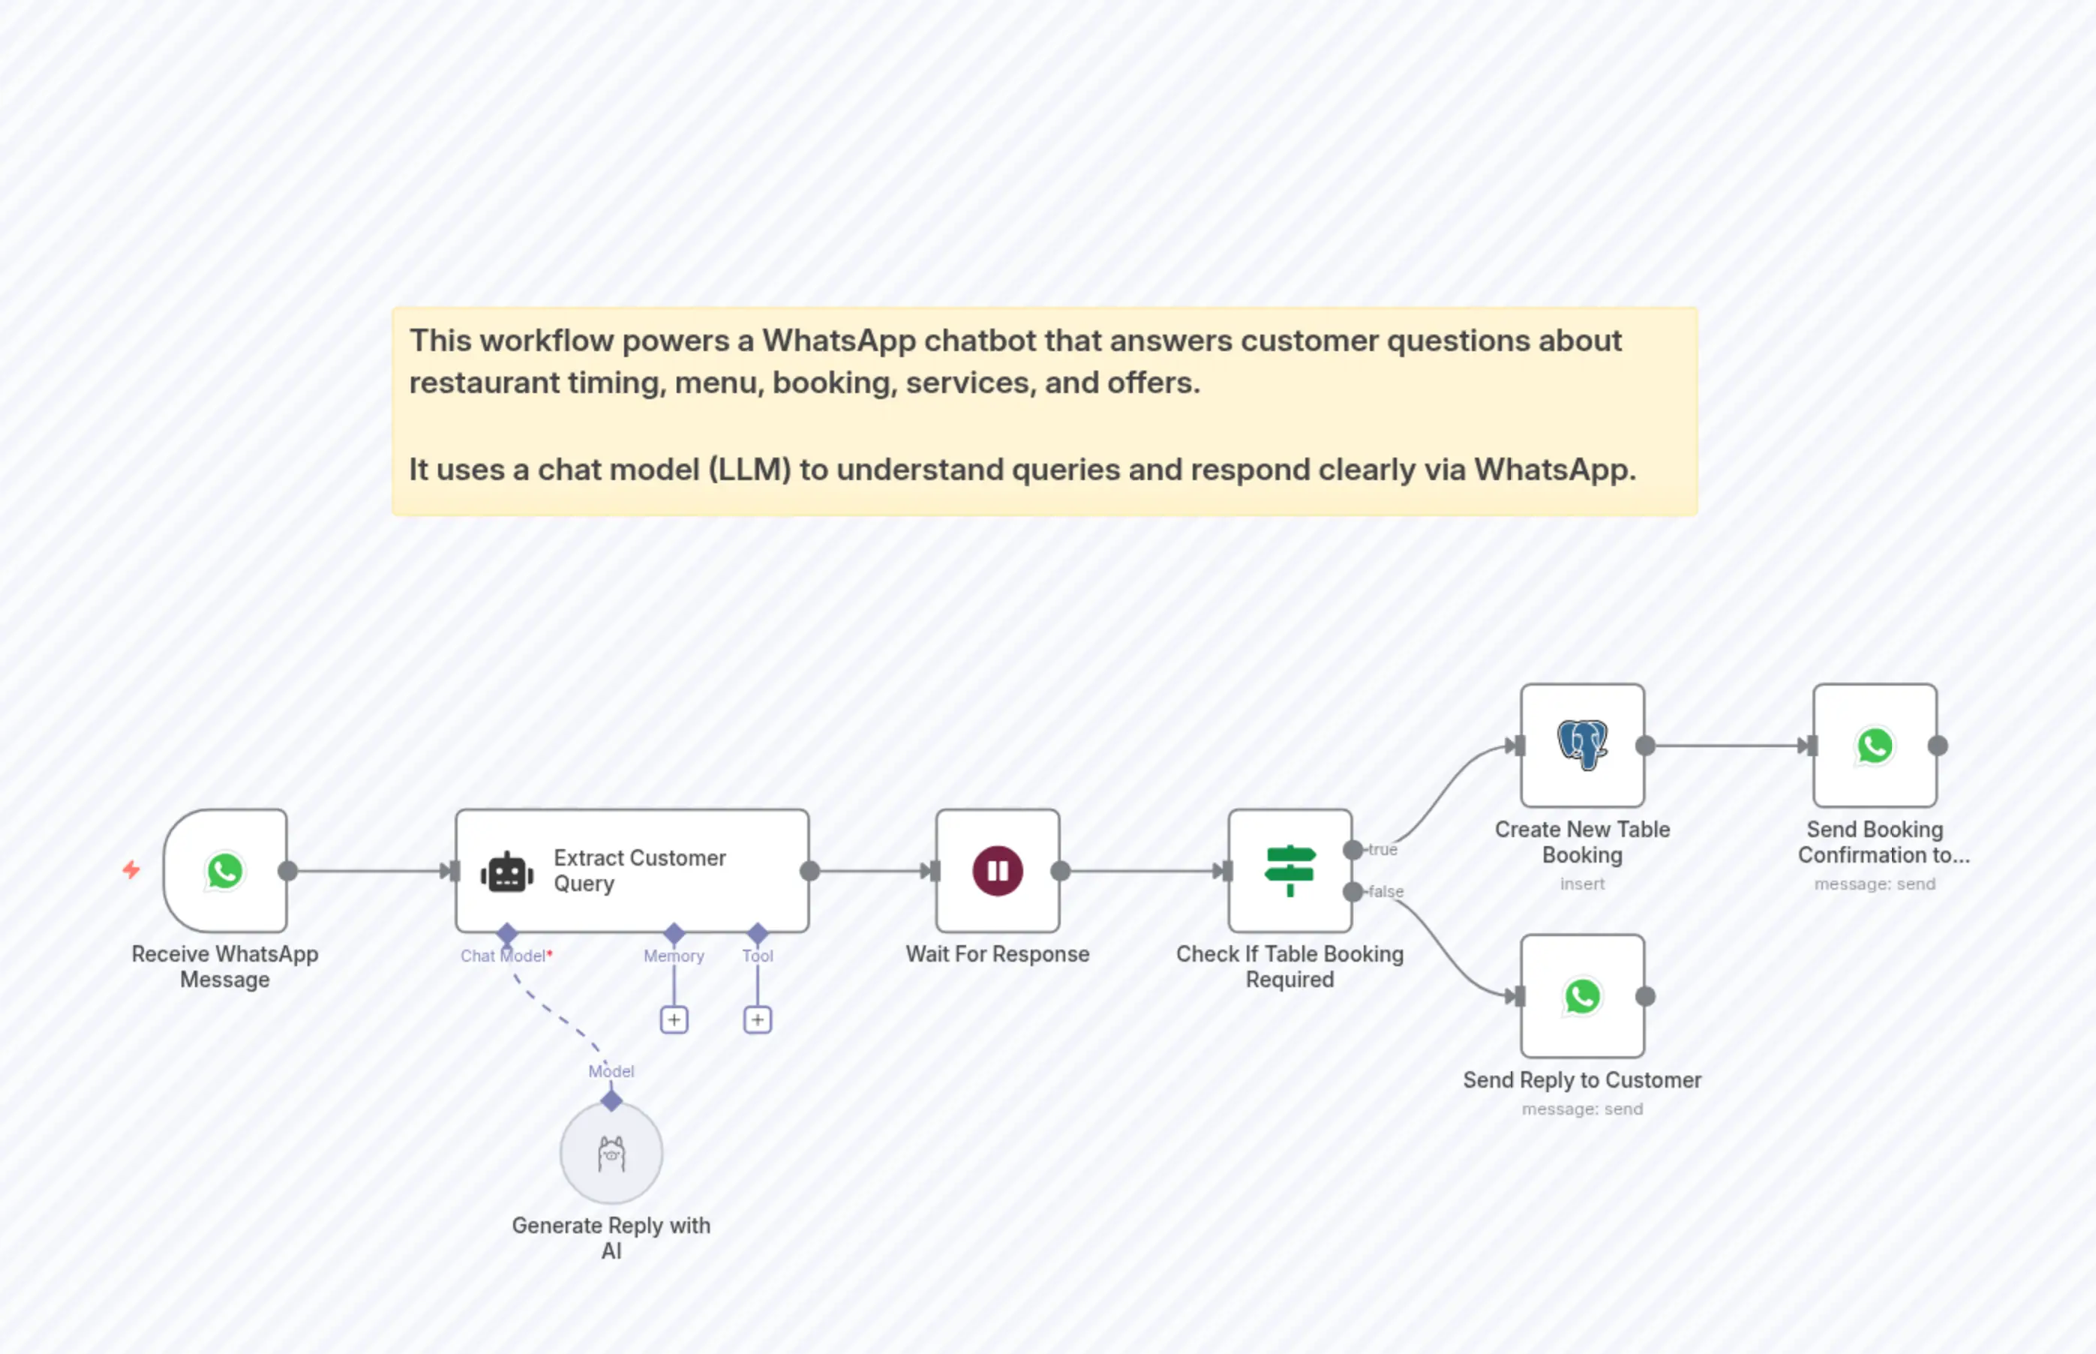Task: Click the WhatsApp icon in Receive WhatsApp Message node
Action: [225, 870]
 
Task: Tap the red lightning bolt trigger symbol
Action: [131, 869]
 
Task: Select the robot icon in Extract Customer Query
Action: [506, 872]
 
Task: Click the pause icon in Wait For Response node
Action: [997, 870]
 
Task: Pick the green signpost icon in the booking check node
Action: [1289, 869]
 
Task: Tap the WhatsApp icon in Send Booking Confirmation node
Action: [1875, 746]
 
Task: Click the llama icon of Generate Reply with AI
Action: [611, 1154]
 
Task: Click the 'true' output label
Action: [1383, 849]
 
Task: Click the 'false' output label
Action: [1386, 891]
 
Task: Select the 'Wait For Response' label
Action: [997, 954]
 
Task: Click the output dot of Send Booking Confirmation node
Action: [1938, 746]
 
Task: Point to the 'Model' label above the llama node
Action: [611, 1071]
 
